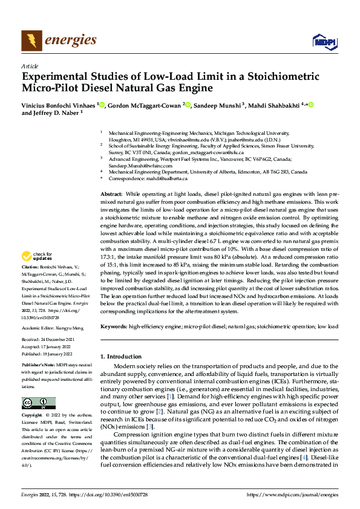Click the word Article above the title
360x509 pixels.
coord(30,66)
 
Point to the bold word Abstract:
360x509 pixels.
coord(112,192)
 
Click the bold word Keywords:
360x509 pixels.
coord(114,326)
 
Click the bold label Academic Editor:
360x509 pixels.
coord(40,328)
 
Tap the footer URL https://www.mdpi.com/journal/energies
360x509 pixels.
coord(292,494)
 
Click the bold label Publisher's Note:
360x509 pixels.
coord(38,367)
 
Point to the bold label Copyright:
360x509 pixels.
coord(33,416)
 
